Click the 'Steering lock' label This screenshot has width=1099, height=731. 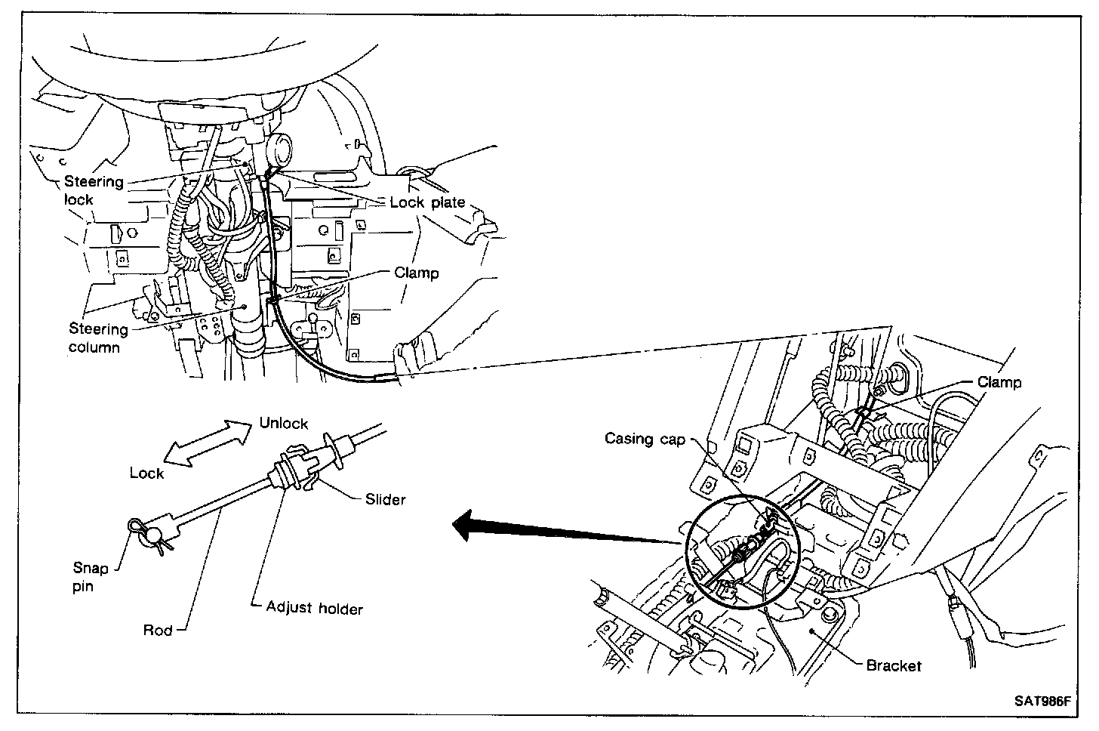(x=93, y=190)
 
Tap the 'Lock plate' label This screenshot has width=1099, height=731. (x=427, y=202)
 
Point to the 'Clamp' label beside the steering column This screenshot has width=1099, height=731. (x=416, y=273)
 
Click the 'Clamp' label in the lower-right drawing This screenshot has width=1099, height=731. (x=999, y=382)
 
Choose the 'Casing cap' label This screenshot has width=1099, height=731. (x=645, y=439)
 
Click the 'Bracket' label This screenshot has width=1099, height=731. (x=894, y=665)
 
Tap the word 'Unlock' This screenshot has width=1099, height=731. (x=284, y=423)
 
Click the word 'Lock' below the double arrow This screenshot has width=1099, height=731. (x=146, y=473)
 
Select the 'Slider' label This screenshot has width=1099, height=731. (x=385, y=498)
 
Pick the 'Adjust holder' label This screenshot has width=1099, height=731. (x=315, y=607)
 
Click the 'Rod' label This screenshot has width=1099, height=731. (x=158, y=631)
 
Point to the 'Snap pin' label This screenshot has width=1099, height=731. (x=91, y=577)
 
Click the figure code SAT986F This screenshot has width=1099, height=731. (x=1042, y=700)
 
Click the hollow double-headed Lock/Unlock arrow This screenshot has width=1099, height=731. (x=208, y=446)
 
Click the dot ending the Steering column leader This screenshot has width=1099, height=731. (x=245, y=307)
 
